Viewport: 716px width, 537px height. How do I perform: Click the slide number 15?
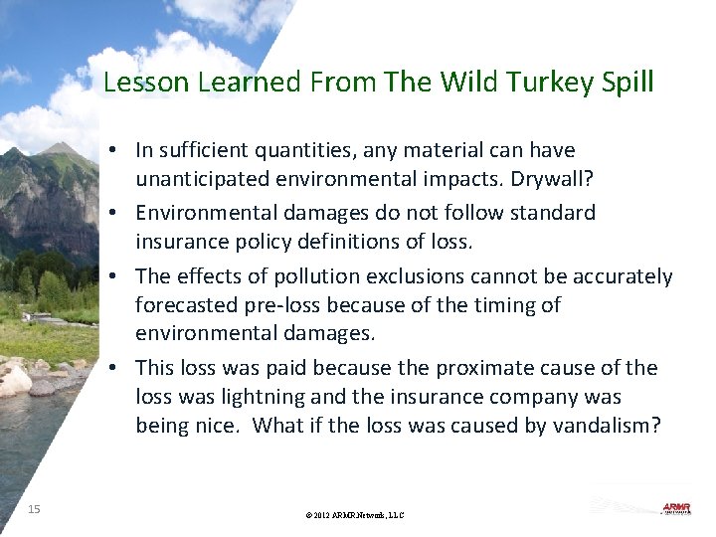[34, 509]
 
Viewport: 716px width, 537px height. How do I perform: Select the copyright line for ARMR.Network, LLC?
[356, 515]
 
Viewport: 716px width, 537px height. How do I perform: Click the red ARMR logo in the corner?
[676, 508]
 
